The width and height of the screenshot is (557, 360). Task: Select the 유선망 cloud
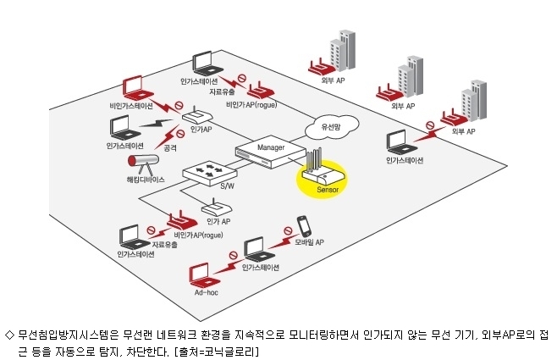[332, 127]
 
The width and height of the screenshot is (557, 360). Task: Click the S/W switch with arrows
[210, 173]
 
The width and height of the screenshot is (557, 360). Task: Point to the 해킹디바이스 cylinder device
[143, 163]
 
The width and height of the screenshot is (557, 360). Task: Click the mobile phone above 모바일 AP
[304, 225]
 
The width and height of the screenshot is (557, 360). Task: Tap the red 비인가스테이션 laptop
[137, 89]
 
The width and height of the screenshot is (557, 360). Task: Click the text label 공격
[170, 148]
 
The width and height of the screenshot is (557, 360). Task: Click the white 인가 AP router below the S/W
[217, 208]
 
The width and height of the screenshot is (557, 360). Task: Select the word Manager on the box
[271, 147]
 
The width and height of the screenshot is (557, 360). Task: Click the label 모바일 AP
[309, 242]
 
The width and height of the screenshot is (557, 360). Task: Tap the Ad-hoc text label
[206, 292]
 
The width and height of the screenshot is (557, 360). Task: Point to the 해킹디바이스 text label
[146, 180]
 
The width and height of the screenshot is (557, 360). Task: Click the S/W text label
[228, 186]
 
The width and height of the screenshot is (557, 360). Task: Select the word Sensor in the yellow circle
[328, 190]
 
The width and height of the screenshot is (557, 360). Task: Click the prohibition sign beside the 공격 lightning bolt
[181, 134]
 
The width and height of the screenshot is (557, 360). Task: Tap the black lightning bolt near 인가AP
[157, 124]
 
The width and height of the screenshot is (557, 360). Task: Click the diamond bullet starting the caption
[9, 335]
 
